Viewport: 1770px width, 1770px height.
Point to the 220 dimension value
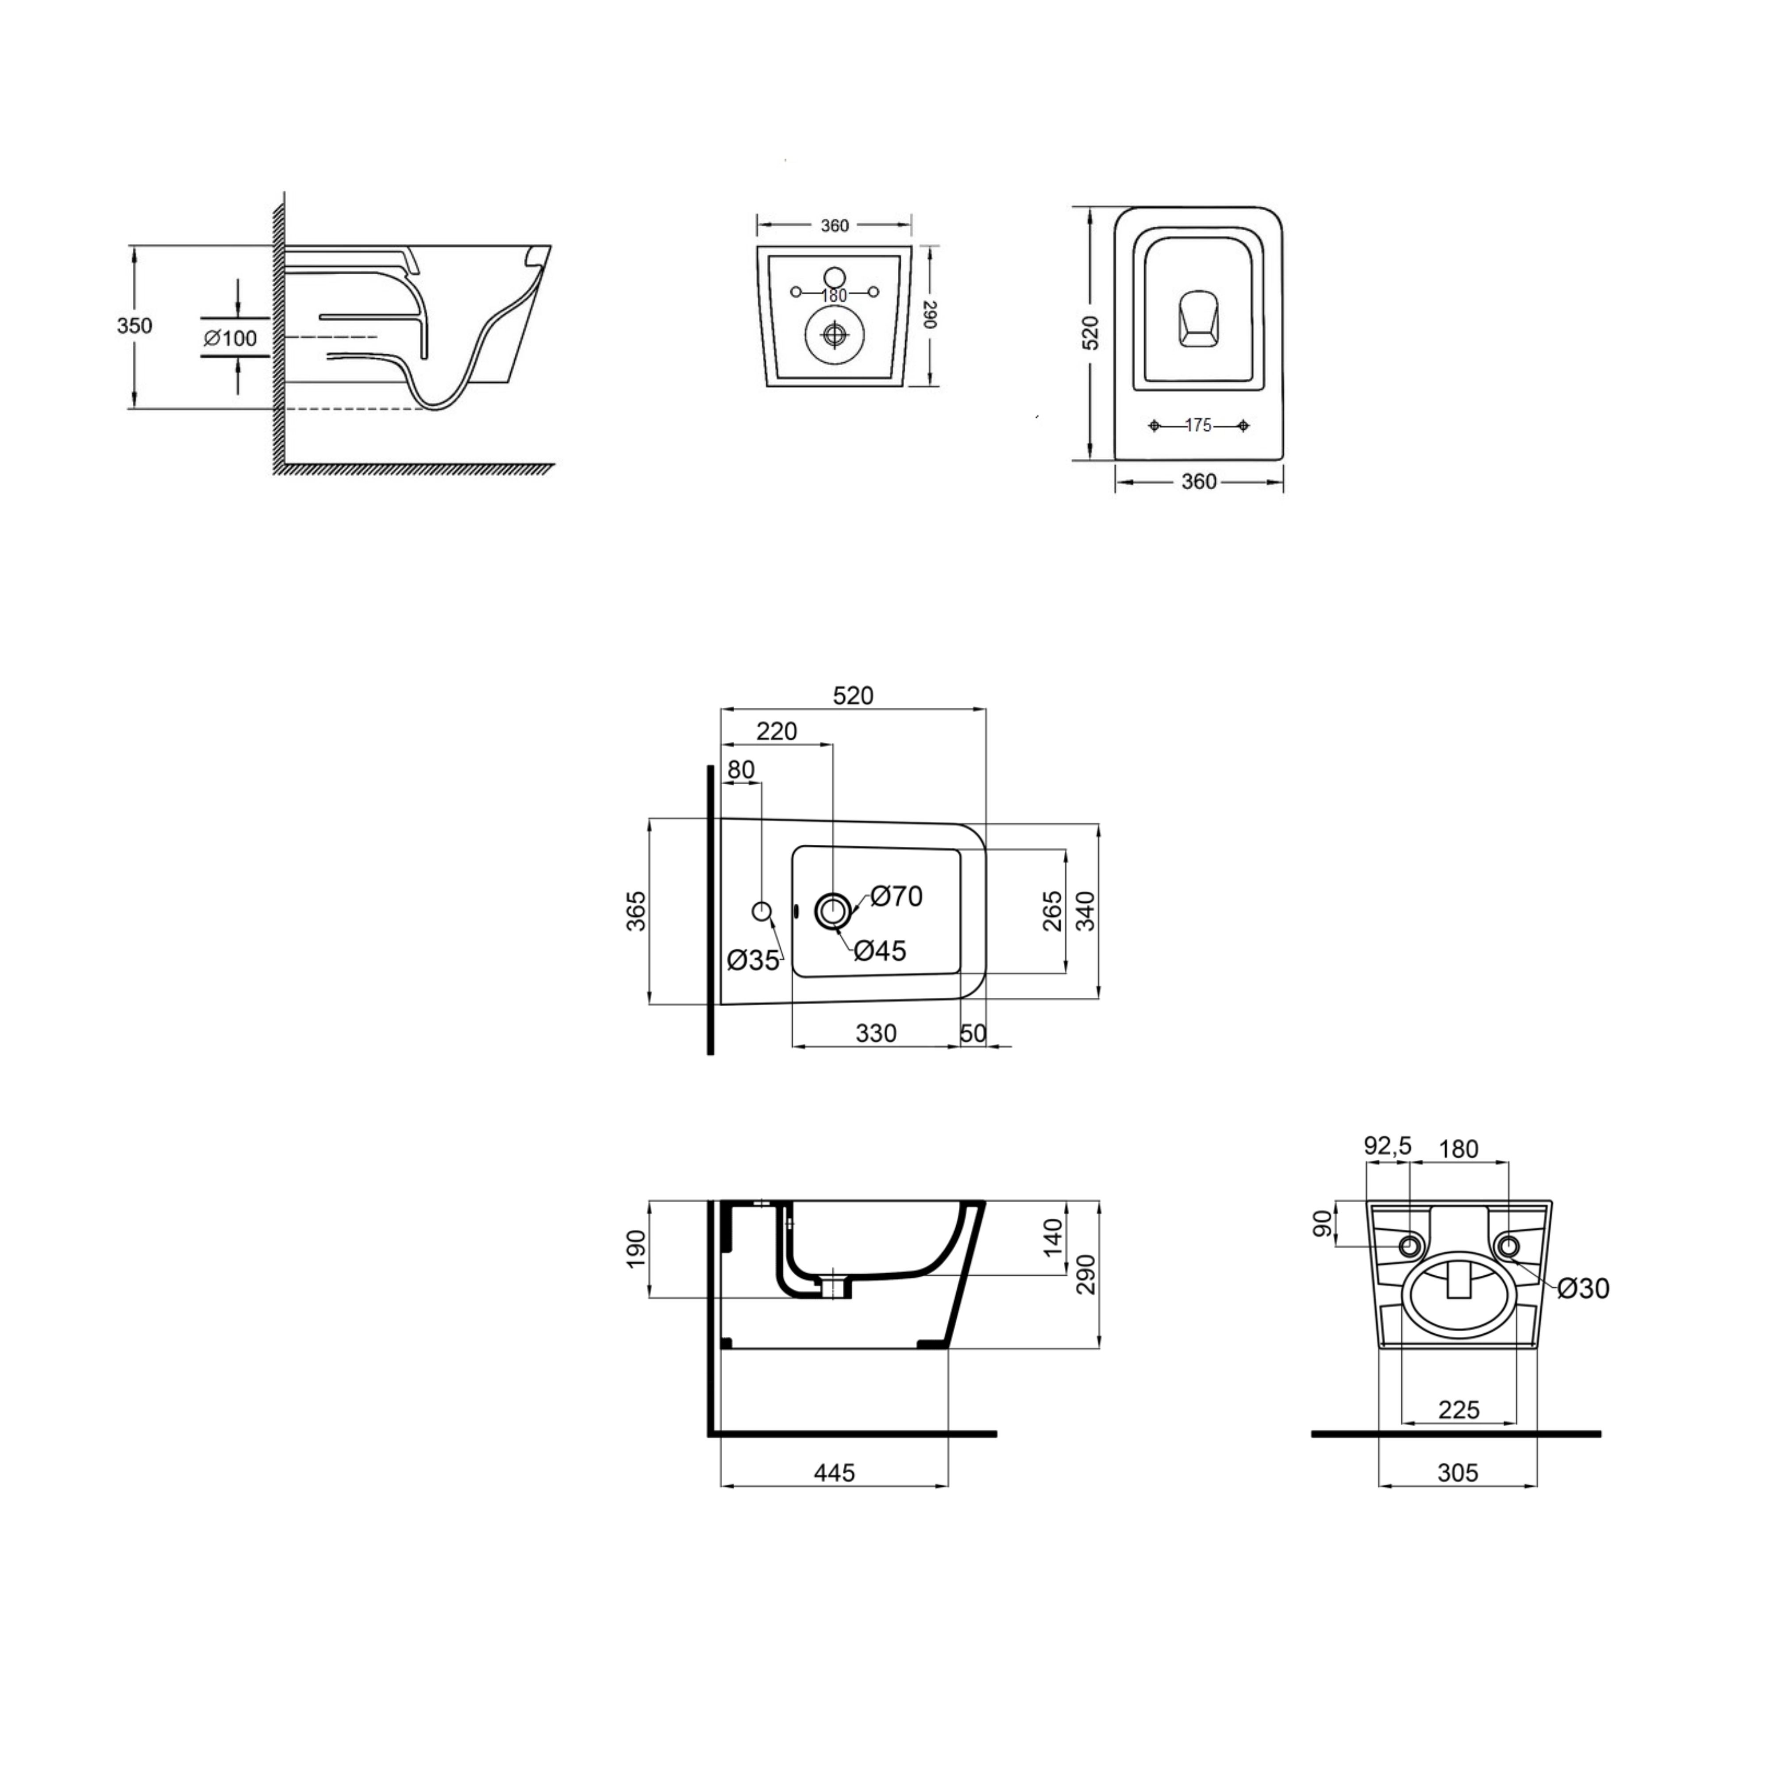(x=777, y=731)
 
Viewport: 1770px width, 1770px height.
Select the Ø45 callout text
(x=881, y=951)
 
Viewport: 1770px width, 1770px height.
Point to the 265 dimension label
(x=1053, y=911)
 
